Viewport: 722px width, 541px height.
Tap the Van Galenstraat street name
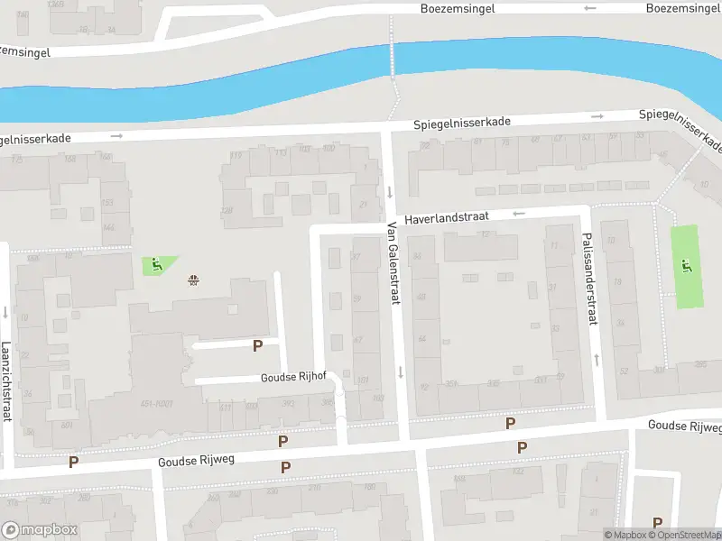point(393,262)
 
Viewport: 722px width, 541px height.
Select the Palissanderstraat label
point(589,279)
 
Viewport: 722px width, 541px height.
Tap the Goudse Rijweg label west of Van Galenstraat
point(196,460)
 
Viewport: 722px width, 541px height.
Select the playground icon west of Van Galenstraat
point(155,265)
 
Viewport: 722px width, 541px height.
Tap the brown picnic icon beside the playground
point(192,280)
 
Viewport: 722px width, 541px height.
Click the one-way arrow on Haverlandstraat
point(519,214)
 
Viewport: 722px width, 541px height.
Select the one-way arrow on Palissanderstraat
point(597,360)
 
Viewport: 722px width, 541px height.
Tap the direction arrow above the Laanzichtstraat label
point(5,314)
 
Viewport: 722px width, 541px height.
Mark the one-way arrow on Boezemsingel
point(590,8)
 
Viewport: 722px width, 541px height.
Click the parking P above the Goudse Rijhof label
point(257,345)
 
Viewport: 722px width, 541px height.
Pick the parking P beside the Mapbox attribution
point(657,523)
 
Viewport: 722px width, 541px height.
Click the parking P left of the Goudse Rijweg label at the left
point(74,462)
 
